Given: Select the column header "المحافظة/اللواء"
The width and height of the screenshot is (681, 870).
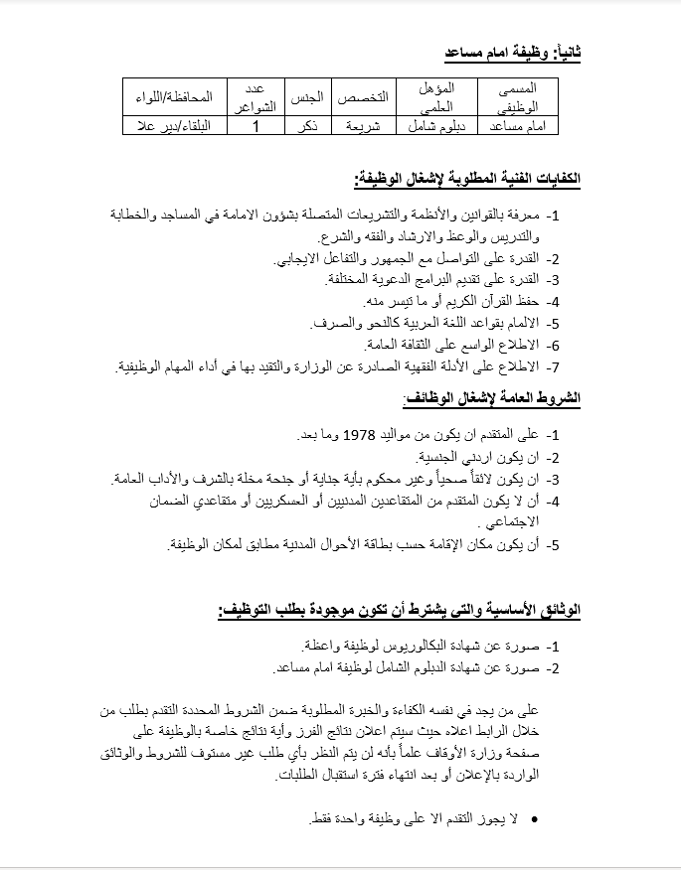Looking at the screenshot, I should [175, 97].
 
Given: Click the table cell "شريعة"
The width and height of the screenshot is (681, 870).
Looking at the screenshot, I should [356, 127].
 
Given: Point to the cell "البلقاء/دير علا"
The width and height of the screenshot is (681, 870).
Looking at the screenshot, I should [175, 127].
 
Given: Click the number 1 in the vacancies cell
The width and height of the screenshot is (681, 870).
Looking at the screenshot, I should [256, 127].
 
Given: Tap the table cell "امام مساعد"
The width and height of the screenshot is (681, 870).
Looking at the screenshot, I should [518, 127].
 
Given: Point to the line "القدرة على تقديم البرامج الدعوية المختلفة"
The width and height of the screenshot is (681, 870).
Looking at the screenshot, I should [432, 280].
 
